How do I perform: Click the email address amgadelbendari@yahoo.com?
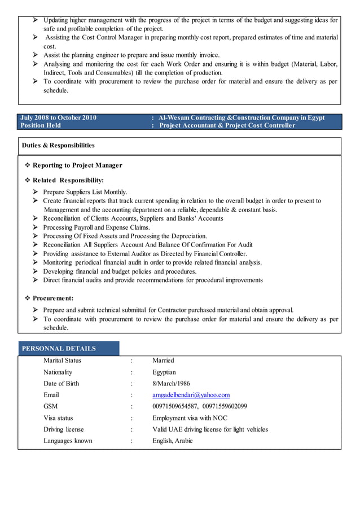[x=191, y=395]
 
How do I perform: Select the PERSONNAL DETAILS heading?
[x=59, y=349]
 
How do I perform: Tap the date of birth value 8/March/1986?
[x=171, y=384]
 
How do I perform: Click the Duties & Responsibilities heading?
[x=58, y=146]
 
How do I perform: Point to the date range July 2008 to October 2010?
[x=58, y=118]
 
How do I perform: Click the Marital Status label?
[x=62, y=361]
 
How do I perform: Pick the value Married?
[x=163, y=361]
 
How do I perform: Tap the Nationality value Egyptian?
[x=164, y=372]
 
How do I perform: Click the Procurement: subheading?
[x=53, y=298]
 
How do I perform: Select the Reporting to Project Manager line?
[x=77, y=165]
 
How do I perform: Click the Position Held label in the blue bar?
[x=41, y=125]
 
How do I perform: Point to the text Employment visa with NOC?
[x=190, y=418]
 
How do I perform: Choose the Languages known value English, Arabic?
[x=173, y=441]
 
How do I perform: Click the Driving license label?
[x=64, y=429]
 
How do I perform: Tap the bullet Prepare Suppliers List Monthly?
[x=85, y=192]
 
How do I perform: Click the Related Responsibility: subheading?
[x=68, y=181]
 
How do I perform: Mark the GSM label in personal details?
[x=51, y=406]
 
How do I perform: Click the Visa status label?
[x=58, y=418]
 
